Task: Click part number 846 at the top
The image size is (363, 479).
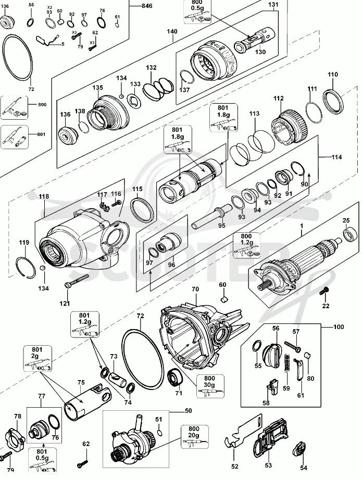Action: click(147, 6)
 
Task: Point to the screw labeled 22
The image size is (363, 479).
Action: click(323, 291)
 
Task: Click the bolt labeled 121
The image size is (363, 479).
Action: click(77, 281)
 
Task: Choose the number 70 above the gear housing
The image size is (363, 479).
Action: click(195, 289)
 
